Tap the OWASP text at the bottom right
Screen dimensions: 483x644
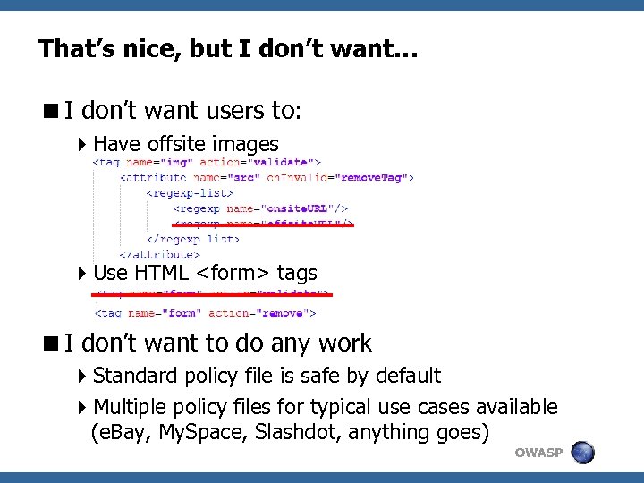click(538, 453)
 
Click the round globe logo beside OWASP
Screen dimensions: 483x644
click(583, 452)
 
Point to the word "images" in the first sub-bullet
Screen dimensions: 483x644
click(248, 144)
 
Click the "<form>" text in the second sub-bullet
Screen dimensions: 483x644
click(233, 273)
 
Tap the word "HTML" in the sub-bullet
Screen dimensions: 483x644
click(163, 273)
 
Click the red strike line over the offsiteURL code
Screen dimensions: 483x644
click(263, 225)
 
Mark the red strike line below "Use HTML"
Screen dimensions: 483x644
click(211, 294)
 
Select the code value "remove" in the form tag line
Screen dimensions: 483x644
click(285, 313)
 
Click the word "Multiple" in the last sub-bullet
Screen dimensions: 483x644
click(131, 408)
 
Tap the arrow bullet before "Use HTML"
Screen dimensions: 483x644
click(82, 273)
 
